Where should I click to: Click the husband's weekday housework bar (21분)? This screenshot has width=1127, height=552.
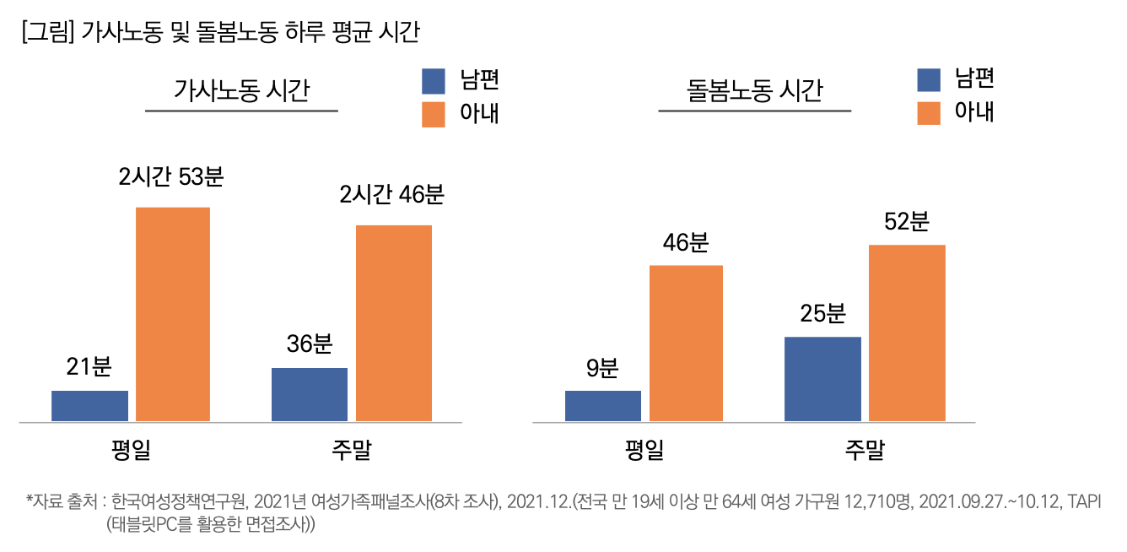(x=89, y=406)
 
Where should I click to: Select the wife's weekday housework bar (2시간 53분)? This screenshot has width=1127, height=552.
(x=173, y=314)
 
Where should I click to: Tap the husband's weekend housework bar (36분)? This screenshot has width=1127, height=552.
(x=310, y=394)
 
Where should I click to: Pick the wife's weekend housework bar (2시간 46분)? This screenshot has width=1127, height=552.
(x=394, y=323)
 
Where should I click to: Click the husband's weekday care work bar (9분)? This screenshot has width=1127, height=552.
(x=603, y=406)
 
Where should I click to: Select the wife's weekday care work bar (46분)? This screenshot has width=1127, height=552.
(x=686, y=344)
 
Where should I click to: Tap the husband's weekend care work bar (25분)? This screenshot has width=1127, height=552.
(x=822, y=379)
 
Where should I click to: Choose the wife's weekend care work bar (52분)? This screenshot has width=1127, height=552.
(x=907, y=333)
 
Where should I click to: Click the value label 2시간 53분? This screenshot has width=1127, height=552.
(x=171, y=177)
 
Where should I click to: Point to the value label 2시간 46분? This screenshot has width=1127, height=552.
(x=391, y=195)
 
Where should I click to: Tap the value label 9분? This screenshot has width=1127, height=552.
(x=602, y=368)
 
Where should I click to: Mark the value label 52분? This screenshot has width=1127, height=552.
(x=907, y=222)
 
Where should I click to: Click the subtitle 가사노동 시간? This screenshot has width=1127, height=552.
(x=241, y=89)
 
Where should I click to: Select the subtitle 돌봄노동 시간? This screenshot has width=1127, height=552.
(x=754, y=89)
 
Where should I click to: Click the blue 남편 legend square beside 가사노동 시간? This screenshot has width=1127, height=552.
(x=433, y=80)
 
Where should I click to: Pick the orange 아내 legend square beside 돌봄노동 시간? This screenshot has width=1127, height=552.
(x=929, y=113)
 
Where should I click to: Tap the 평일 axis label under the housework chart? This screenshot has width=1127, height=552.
(x=131, y=450)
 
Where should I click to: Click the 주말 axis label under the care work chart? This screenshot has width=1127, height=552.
(x=865, y=450)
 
